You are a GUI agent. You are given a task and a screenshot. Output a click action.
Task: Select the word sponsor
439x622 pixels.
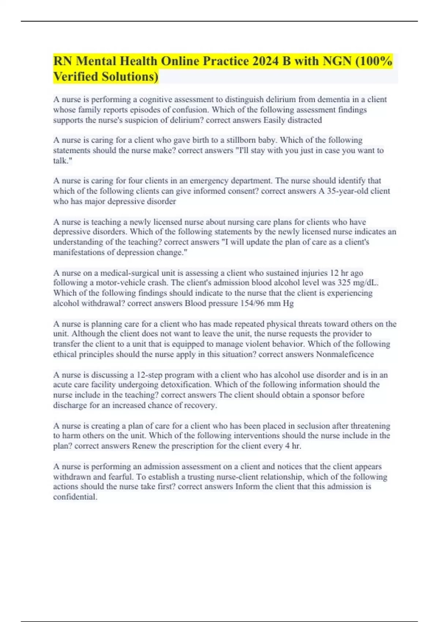coord(325,395)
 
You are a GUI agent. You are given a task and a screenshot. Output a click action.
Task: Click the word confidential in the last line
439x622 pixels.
coord(75,497)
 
